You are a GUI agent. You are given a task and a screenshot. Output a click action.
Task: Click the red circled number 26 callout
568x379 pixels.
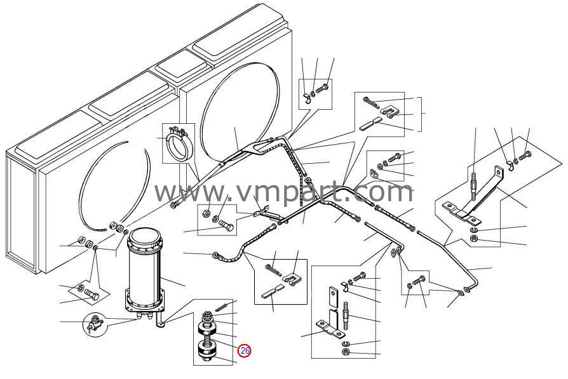click(245, 350)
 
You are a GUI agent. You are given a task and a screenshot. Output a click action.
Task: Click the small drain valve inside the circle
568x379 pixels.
click(94, 324)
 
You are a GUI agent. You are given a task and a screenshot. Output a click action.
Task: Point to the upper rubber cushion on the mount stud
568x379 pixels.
click(207, 329)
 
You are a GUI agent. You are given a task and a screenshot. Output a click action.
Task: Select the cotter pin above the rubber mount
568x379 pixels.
click(221, 306)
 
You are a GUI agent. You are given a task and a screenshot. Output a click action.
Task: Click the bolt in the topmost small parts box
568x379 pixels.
click(322, 88)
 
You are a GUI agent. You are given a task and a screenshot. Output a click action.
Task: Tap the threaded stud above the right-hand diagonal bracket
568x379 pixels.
click(474, 187)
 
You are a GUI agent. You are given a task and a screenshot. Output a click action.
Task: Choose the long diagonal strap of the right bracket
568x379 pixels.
click(483, 192)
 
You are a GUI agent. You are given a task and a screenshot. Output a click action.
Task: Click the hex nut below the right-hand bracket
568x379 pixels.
click(473, 238)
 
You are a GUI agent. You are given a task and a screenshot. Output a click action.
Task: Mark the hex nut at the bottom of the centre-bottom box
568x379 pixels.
click(345, 352)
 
